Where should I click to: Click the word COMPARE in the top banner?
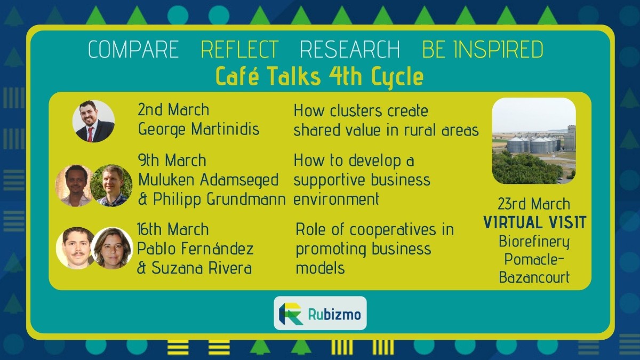[x=133, y=50]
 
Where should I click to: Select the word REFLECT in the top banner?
[x=239, y=50]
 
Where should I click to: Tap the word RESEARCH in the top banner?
[x=350, y=50]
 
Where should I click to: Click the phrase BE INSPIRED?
[x=483, y=50]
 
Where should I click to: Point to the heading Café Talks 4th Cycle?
[x=319, y=76]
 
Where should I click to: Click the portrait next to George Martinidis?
[x=93, y=121]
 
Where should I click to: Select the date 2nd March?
[x=173, y=110]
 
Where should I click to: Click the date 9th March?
[x=172, y=160]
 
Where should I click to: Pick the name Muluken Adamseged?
[x=208, y=180]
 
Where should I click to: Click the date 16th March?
[x=173, y=229]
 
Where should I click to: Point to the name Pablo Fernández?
[x=195, y=249]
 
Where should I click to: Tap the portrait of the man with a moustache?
[x=75, y=248]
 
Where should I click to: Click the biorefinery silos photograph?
[x=534, y=141]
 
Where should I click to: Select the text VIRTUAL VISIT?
[x=534, y=222]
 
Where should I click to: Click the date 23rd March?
[x=534, y=204]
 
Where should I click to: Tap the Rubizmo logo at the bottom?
[x=320, y=314]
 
